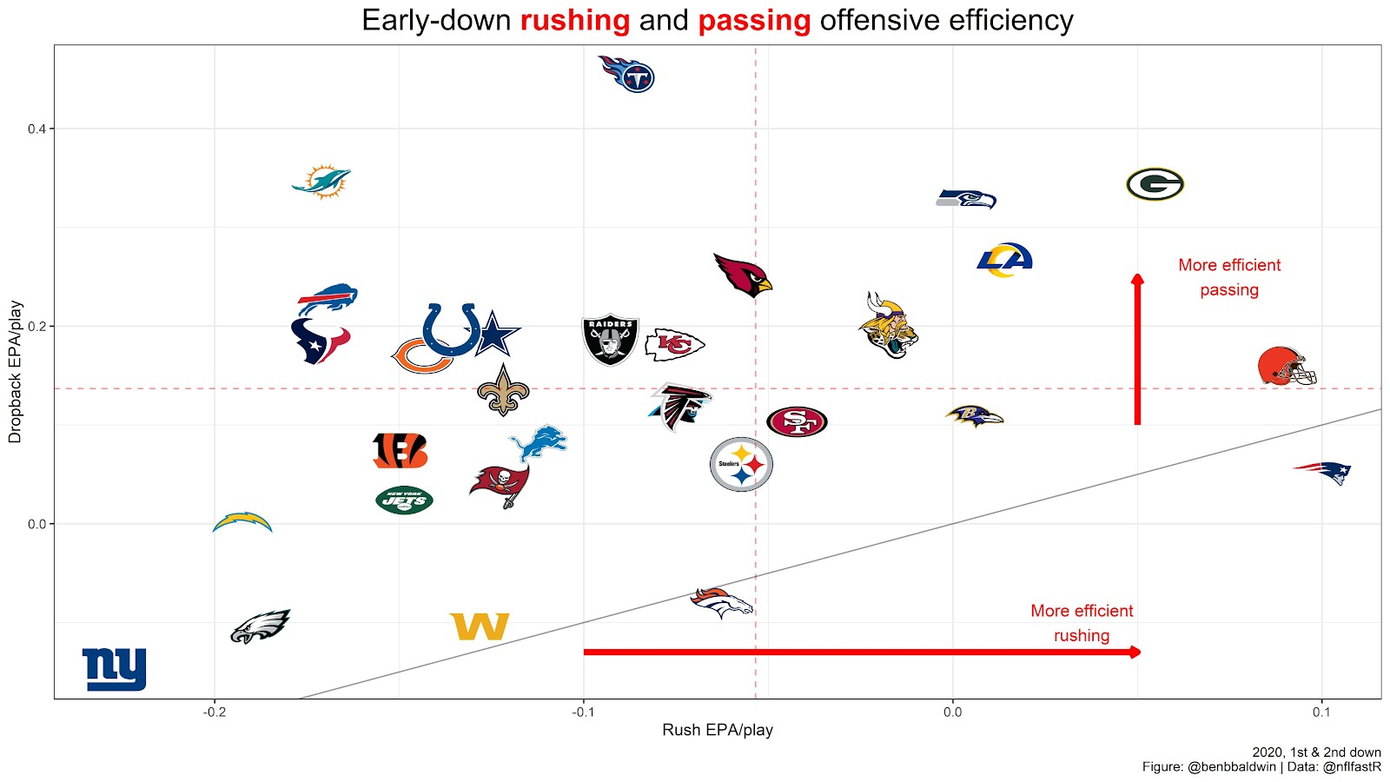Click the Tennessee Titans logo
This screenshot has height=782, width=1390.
[627, 74]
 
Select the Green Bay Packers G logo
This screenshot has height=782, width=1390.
[1155, 184]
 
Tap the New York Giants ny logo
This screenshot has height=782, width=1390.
[115, 669]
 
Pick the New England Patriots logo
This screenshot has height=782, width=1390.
[1323, 473]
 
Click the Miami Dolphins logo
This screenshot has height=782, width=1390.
[321, 182]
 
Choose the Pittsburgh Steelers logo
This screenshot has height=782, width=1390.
[741, 464]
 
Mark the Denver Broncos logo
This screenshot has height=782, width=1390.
[721, 602]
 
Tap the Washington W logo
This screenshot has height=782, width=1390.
[480, 626]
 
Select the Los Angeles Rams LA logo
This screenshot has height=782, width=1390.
[1004, 260]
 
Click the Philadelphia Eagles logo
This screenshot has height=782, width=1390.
[259, 626]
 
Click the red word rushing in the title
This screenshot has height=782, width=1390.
[575, 20]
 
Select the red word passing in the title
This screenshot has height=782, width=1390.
[754, 20]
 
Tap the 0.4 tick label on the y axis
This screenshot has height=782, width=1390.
[36, 129]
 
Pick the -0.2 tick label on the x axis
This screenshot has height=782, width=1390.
[215, 712]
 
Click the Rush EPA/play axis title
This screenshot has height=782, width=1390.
[718, 730]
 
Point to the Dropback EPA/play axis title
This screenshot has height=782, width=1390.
[15, 372]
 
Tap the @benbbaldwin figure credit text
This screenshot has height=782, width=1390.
[1231, 766]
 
